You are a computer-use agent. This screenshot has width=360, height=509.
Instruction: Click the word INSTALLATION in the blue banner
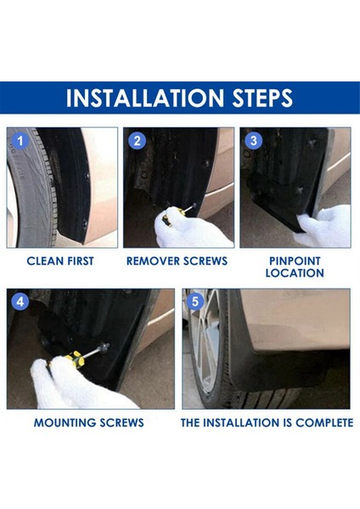138,98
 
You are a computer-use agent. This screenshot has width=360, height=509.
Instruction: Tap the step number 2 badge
138,142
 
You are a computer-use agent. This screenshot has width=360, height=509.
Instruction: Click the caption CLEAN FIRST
60,261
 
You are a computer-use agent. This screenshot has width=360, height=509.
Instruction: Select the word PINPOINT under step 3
294,261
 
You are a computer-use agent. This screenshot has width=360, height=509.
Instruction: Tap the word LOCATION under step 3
294,273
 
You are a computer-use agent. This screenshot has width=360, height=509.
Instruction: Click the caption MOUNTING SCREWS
88,422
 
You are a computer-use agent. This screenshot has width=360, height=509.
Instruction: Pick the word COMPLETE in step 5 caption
320,422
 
